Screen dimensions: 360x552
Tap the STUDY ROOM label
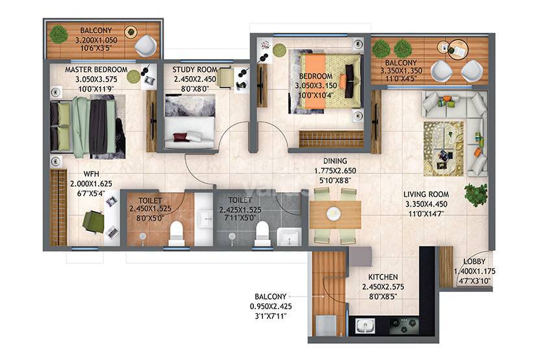(x=190, y=70)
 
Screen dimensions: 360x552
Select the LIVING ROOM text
(x=426, y=194)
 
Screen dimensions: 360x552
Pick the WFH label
(x=91, y=174)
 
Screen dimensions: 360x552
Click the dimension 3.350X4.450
(x=426, y=203)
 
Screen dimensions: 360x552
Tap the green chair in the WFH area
(x=92, y=223)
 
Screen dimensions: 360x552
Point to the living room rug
(x=443, y=148)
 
